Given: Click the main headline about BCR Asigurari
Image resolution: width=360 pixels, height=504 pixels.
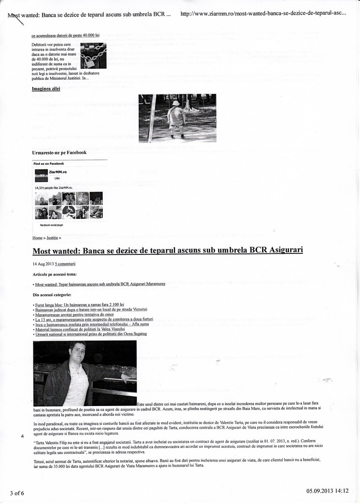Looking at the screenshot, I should tap(167, 251).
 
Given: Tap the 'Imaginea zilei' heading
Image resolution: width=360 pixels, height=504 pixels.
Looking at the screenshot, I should tap(46, 89).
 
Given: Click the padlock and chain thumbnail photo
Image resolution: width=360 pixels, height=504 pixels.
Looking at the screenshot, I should tap(93, 56).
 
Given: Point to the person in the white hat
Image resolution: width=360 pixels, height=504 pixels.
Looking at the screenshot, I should tap(176, 117).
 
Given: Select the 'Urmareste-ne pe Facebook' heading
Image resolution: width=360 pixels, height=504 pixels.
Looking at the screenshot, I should tap(59, 153).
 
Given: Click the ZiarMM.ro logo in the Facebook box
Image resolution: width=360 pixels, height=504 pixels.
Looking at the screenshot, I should tap(41, 175).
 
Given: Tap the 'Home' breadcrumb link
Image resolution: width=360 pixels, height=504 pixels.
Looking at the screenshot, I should tap(37, 238).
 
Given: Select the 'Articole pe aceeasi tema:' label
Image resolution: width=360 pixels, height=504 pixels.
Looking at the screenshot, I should tap(54, 274).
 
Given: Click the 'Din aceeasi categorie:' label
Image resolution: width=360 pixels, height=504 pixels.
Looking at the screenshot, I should tap(52, 295).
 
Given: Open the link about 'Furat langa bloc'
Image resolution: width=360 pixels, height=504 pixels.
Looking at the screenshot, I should tap(79, 305).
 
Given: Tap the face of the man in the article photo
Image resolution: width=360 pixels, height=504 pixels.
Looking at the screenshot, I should tap(77, 351).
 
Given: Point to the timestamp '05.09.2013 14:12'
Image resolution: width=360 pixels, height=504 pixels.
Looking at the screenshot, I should tap(327, 491).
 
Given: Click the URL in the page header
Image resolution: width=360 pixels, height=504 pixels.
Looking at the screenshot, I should tap(263, 14).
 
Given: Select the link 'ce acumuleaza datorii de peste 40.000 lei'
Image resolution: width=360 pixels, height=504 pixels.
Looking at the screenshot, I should tap(65, 36).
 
